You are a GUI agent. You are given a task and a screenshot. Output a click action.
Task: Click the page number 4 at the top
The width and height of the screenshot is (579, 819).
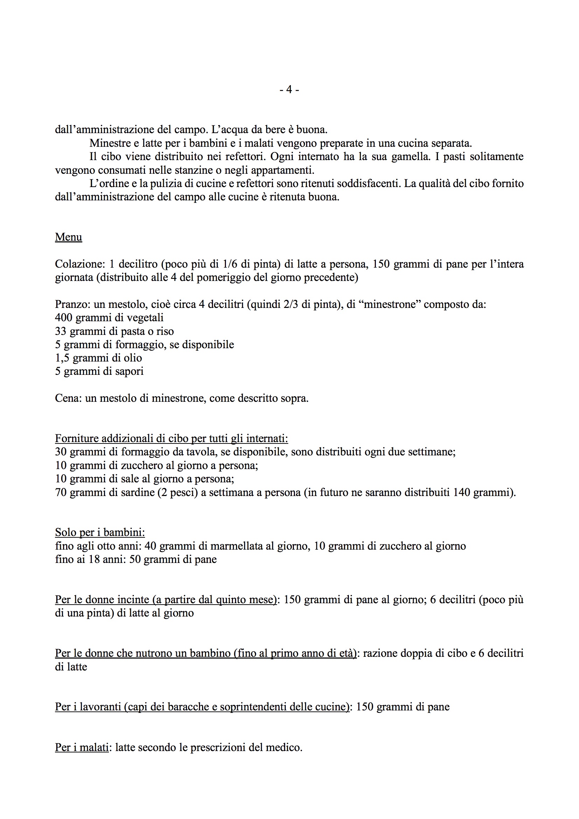289,90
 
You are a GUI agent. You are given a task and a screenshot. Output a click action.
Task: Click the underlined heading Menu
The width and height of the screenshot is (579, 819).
69,237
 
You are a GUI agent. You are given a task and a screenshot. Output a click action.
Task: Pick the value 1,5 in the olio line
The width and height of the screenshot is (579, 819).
62,358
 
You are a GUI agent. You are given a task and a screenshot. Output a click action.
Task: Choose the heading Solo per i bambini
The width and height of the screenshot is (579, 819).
100,532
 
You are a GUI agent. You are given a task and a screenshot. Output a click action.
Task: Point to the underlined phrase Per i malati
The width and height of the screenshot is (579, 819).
82,747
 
